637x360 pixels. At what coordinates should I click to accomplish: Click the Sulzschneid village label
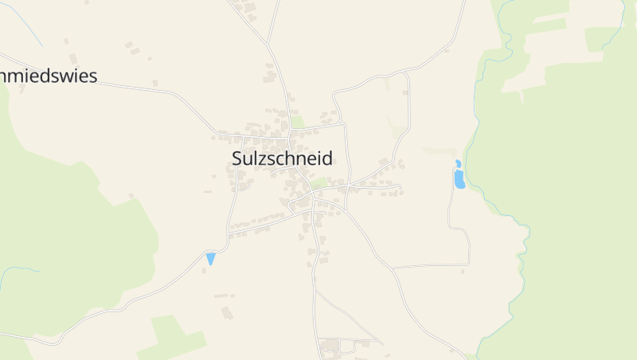coord(282,158)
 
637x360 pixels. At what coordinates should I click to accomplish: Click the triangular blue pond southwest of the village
coord(211,258)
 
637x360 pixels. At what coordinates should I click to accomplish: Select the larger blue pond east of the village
coord(459,180)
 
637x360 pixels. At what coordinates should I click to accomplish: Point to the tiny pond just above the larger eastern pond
coord(458,164)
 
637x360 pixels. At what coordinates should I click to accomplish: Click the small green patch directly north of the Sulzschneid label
coord(297,122)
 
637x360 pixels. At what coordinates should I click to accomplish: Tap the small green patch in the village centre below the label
coord(318,183)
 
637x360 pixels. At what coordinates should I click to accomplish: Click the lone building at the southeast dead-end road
coord(463,272)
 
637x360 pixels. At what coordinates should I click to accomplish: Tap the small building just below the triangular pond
coord(205,270)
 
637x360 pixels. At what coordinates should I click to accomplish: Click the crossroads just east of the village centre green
coord(347,187)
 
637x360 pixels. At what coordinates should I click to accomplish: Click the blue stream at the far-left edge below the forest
coord(16,270)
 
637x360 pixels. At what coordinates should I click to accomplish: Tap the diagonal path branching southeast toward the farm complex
coord(350,314)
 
